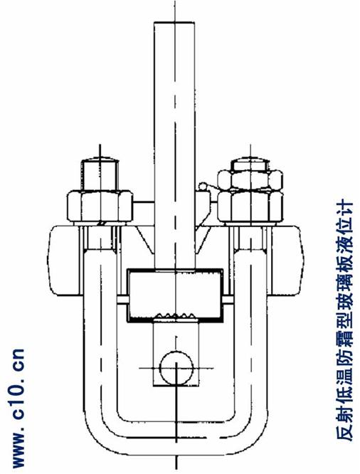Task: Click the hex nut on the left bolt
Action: point(100,206)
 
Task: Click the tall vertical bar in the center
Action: point(174,145)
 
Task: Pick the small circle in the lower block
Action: point(176,368)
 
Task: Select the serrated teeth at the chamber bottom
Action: point(175,315)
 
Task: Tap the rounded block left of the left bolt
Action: point(65,260)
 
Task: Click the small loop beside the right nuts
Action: point(203,186)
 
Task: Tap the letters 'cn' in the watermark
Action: point(18,360)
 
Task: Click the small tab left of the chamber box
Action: point(122,300)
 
